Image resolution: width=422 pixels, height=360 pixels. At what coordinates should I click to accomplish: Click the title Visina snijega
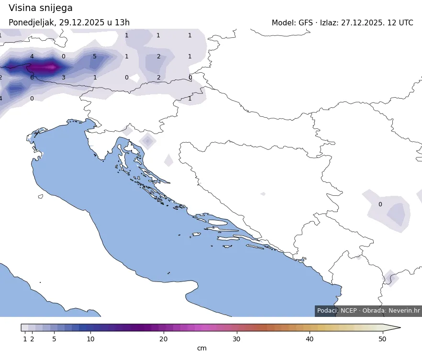[x=41, y=8]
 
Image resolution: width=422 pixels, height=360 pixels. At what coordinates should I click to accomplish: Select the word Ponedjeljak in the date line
[x=32, y=23]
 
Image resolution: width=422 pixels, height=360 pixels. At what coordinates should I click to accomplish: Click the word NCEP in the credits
[x=349, y=311]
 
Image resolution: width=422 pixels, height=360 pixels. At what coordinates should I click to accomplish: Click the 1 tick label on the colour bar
[x=25, y=339]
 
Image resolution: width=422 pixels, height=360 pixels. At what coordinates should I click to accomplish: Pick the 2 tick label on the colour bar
[x=32, y=339]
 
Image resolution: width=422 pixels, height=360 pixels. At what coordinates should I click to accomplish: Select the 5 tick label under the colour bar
[x=54, y=339]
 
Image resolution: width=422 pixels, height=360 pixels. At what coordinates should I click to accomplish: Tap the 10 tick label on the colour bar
[x=90, y=339]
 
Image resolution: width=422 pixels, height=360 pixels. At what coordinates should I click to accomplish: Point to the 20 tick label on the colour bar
[x=164, y=339]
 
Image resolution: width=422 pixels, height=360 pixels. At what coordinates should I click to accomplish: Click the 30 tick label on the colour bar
[x=236, y=339]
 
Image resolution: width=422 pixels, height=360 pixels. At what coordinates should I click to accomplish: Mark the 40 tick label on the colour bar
[x=310, y=339]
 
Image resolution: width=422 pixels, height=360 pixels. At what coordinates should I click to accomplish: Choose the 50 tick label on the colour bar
[x=382, y=339]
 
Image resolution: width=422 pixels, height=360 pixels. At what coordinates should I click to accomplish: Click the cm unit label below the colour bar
[x=202, y=349]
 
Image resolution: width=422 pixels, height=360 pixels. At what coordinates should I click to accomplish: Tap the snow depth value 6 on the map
[x=32, y=78]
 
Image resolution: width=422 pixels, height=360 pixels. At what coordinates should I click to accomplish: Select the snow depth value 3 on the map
[x=63, y=78]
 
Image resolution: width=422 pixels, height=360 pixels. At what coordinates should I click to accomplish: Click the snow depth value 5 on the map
[x=95, y=56]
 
